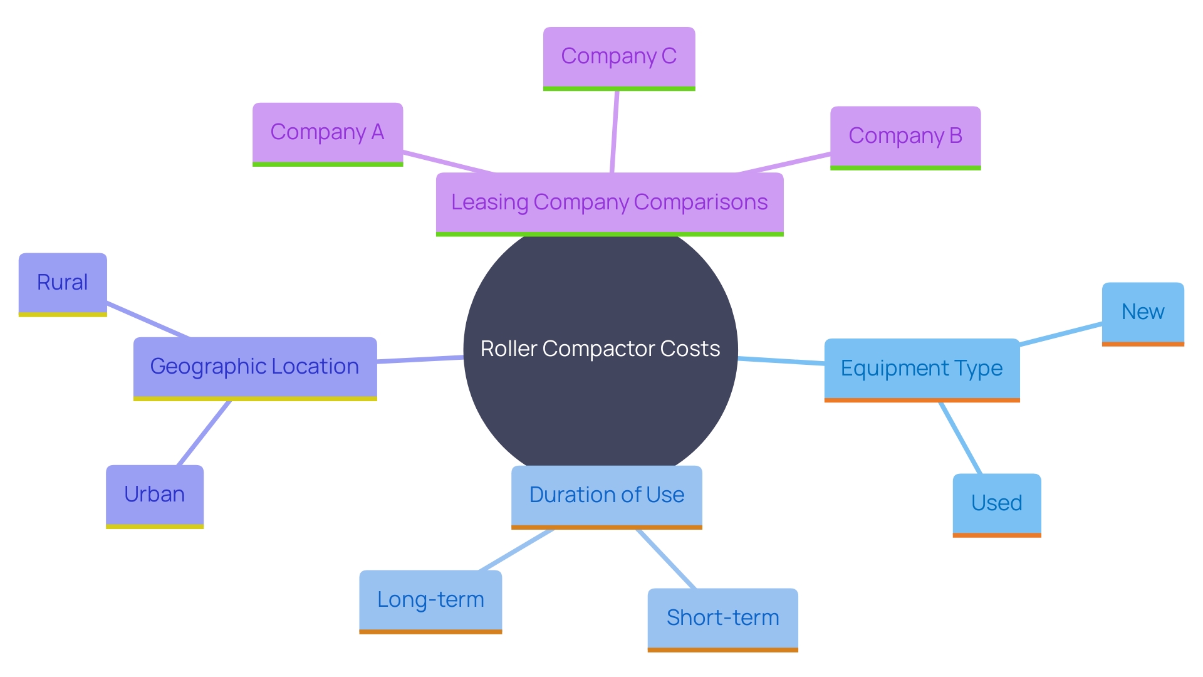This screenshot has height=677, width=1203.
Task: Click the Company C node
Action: [618, 57]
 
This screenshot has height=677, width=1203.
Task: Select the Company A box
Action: [327, 133]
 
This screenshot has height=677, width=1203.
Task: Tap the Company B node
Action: [905, 136]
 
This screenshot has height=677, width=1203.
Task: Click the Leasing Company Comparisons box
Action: [609, 202]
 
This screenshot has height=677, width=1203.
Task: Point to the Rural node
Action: [63, 283]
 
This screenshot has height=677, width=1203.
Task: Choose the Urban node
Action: [154, 495]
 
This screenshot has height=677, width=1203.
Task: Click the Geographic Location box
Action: [254, 367]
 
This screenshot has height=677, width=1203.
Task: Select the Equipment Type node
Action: [921, 369]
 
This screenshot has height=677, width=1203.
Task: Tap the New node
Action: [1142, 312]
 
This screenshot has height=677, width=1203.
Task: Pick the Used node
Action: [996, 503]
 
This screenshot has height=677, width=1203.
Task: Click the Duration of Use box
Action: [606, 495]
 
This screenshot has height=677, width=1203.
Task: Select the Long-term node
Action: [430, 600]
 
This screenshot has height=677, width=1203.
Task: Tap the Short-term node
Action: [722, 618]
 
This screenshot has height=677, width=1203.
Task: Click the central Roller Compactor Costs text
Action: [600, 349]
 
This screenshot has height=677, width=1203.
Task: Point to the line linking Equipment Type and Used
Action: [960, 438]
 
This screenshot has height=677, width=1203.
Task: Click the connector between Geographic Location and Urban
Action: [204, 433]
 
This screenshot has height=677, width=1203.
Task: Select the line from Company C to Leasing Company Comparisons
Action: [615, 132]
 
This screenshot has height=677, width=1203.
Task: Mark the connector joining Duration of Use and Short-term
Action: [666, 559]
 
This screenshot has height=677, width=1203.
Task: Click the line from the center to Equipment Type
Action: [781, 360]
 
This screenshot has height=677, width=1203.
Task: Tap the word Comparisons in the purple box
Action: [700, 202]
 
